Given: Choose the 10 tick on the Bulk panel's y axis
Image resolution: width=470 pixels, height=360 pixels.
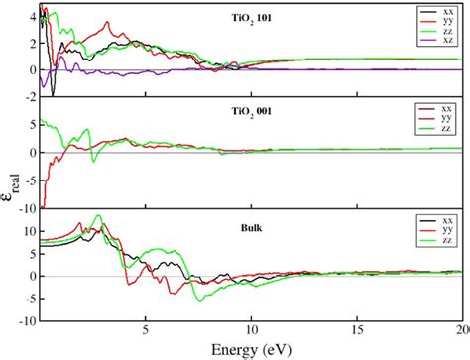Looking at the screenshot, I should click(29, 229).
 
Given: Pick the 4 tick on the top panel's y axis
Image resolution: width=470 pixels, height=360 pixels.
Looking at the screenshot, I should click(32, 17).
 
